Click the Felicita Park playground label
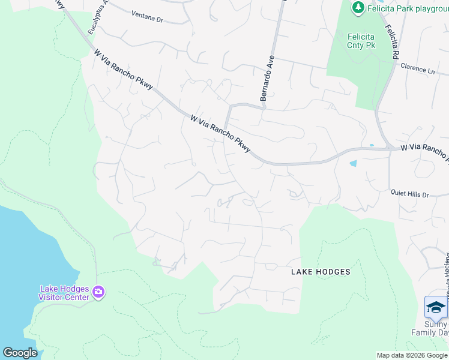tap(408, 7)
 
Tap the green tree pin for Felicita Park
tap(358, 7)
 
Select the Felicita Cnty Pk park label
tap(361, 40)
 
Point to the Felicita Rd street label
tap(394, 39)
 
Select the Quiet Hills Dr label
tap(409, 194)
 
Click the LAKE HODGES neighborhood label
tap(321, 272)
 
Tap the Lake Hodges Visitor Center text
tap(64, 292)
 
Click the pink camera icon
tap(98, 293)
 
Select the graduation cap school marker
tap(436, 308)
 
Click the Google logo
tap(20, 352)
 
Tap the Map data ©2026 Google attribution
tap(411, 355)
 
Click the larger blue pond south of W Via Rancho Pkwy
tap(353, 163)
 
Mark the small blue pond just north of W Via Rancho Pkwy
tap(372, 146)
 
